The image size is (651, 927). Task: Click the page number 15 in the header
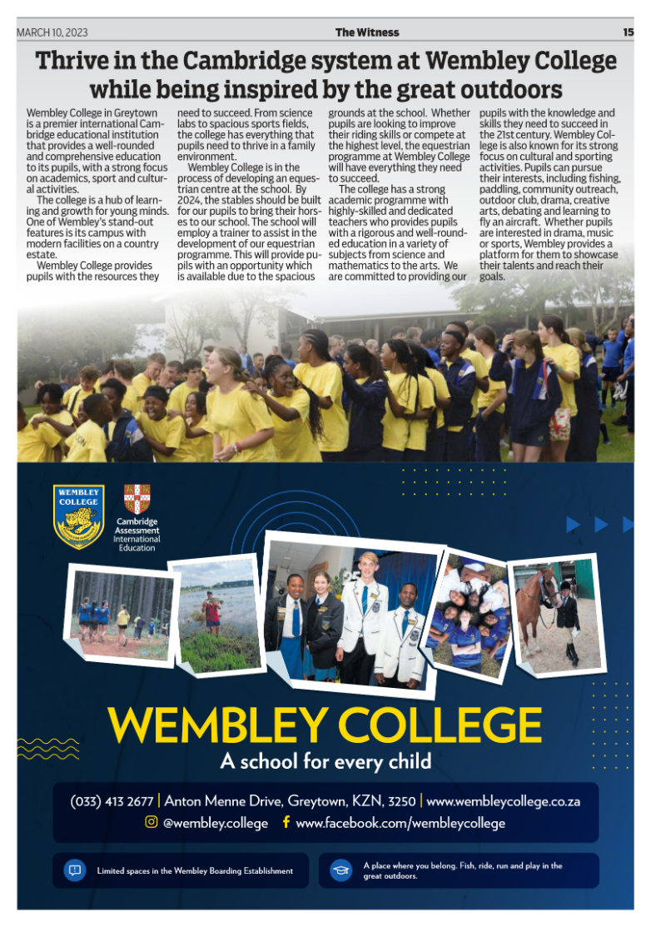point(628,32)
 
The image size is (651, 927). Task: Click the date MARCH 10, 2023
point(52,32)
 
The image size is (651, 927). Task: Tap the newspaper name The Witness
point(367,32)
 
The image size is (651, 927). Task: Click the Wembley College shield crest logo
point(78,516)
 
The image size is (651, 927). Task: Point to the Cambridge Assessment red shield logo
point(137,499)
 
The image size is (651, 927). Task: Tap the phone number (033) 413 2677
point(112,801)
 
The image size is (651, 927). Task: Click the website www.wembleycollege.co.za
point(503,801)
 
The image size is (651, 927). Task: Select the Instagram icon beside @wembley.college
point(151,822)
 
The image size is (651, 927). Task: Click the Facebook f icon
point(286,822)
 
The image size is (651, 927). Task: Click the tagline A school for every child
point(325,760)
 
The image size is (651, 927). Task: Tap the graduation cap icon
point(340,870)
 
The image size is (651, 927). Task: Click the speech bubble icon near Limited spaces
point(74,870)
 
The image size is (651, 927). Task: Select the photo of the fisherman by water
point(214,616)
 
